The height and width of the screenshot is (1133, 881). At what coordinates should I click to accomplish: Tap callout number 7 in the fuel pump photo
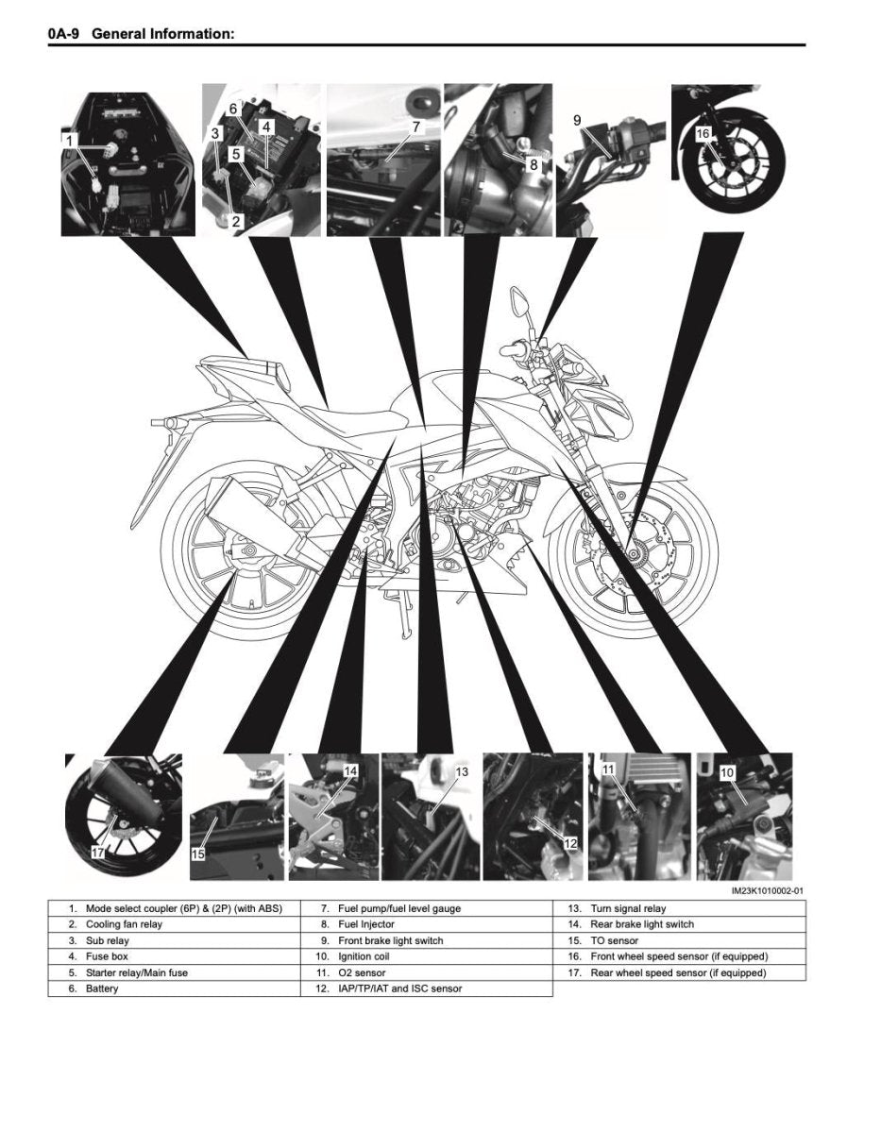click(415, 126)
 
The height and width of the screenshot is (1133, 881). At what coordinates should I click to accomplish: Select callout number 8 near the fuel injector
click(534, 163)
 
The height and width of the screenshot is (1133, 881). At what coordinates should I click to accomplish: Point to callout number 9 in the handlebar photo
click(577, 120)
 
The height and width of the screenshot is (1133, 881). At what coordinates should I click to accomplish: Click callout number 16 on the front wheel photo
click(703, 134)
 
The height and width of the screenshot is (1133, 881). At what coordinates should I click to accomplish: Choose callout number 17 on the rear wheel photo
click(98, 852)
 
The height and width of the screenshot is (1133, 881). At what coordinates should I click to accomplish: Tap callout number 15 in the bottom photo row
click(198, 854)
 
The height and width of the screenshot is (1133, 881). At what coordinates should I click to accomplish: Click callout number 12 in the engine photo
click(570, 842)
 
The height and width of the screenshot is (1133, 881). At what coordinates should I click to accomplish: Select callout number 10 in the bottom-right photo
click(727, 772)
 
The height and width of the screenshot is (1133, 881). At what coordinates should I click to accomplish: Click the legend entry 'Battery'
click(102, 989)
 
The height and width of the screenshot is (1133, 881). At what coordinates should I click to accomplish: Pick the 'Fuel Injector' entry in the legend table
click(366, 924)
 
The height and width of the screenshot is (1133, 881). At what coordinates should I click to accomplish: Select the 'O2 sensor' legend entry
click(362, 972)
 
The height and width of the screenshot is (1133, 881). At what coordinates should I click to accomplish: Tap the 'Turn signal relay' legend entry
click(628, 908)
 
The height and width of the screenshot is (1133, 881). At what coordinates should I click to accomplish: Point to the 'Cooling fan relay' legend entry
click(124, 924)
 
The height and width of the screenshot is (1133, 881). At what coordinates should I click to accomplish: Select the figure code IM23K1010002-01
click(767, 890)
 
